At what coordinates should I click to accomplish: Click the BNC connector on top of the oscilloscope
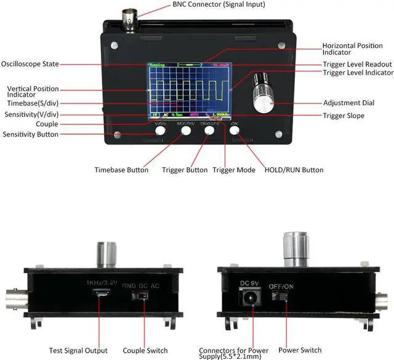point(131,22)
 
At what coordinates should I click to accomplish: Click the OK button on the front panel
point(235,129)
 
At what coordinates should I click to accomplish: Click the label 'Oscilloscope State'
point(30,63)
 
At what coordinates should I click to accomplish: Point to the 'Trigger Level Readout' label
point(357,64)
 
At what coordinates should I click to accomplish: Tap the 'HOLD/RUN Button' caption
point(293,170)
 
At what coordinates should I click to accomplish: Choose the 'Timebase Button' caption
point(121,170)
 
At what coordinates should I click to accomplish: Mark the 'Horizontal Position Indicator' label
point(356,49)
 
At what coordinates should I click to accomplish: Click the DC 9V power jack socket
point(249,298)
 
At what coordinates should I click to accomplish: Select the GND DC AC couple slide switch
point(142,296)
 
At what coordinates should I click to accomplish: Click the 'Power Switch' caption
point(300,351)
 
